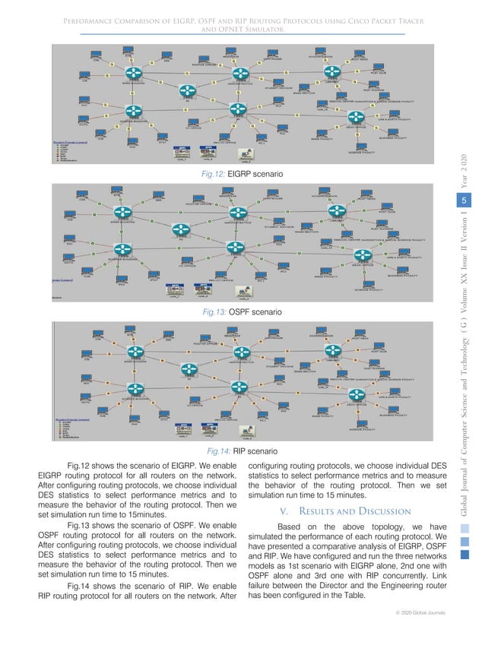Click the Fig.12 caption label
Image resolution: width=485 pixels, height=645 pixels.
(x=207, y=175)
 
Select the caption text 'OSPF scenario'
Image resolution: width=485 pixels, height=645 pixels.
(x=258, y=312)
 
